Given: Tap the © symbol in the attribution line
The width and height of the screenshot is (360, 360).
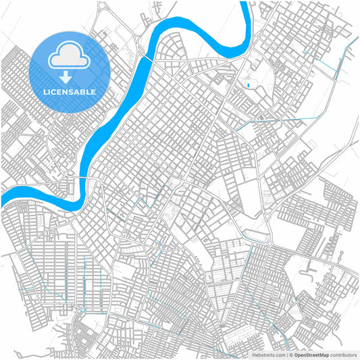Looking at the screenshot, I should [290, 354].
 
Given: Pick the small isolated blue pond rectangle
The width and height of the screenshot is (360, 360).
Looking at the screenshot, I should [248, 84].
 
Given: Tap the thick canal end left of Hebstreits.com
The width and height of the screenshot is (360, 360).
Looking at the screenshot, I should [236, 351].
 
